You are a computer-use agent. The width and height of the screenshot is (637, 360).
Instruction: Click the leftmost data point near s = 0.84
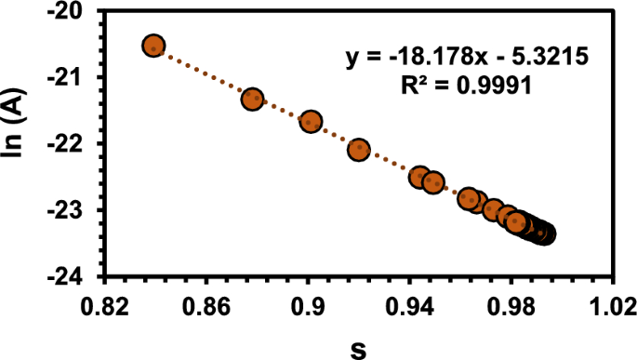click(x=153, y=46)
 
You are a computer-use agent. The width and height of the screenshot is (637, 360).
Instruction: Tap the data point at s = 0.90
click(x=311, y=122)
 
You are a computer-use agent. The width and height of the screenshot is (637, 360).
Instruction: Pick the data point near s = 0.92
click(x=359, y=149)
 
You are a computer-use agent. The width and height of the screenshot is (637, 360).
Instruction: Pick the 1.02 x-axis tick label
click(x=614, y=305)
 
